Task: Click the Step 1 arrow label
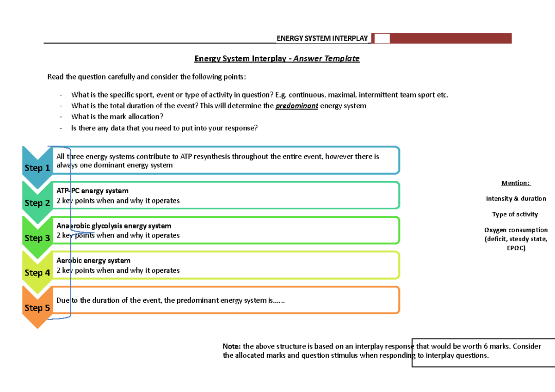[37, 168]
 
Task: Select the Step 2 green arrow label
[37, 203]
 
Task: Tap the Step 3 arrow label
[37, 238]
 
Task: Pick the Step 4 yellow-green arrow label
[37, 273]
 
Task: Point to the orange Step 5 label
[37, 308]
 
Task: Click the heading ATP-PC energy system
[92, 190]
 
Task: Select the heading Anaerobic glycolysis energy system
[114, 226]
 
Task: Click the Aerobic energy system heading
[93, 261]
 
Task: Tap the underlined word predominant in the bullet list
[297, 106]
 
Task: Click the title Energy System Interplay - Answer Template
[277, 59]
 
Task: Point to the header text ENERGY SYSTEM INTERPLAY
[322, 38]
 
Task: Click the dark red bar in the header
[450, 38]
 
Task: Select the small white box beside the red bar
[382, 38]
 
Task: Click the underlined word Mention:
[516, 183]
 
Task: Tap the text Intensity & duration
[516, 199]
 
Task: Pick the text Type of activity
[515, 214]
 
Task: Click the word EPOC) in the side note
[516, 248]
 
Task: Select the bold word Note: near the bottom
[231, 346]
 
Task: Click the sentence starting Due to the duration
[171, 300]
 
